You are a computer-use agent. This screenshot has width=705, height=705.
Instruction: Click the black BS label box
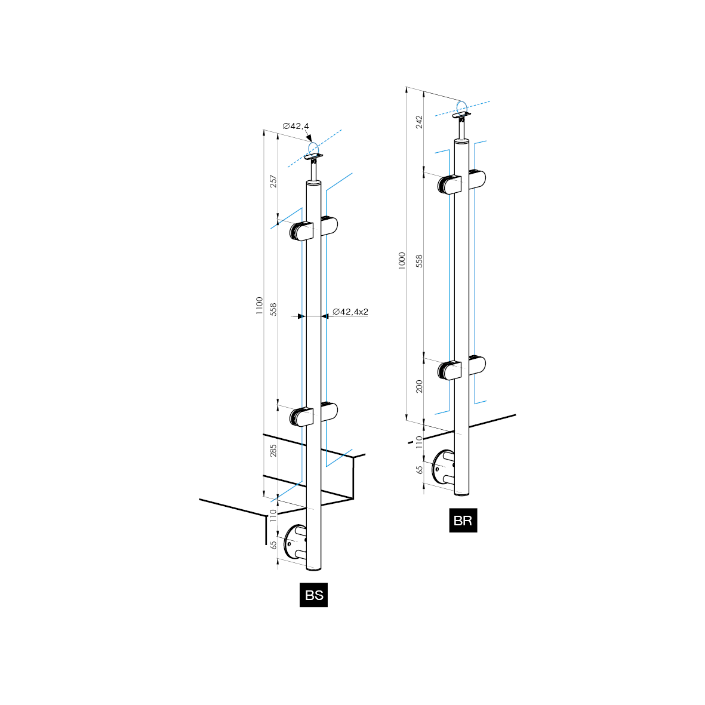tap(313, 595)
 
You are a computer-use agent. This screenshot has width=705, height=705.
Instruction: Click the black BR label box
tap(463, 520)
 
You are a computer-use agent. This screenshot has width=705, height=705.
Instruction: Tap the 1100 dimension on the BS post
tap(259, 306)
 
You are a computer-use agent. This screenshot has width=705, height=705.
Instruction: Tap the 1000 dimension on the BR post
tap(402, 260)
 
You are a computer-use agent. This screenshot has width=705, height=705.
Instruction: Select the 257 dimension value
tap(273, 181)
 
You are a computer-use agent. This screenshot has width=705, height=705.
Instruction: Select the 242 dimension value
tap(419, 122)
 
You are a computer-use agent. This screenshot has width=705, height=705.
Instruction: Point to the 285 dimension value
tap(273, 451)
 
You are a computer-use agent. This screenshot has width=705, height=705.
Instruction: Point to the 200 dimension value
tap(419, 386)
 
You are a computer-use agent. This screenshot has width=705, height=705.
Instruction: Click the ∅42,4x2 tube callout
tap(350, 312)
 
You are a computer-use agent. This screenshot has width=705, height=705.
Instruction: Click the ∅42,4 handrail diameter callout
tap(296, 126)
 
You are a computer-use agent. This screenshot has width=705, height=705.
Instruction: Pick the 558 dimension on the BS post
tap(273, 309)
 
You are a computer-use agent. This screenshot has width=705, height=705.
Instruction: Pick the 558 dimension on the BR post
tap(419, 260)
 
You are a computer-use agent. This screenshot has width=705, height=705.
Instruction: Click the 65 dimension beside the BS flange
tap(273, 545)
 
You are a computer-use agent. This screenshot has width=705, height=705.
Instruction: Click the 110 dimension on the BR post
tap(419, 442)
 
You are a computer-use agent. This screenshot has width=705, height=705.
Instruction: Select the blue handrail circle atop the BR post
tap(461, 107)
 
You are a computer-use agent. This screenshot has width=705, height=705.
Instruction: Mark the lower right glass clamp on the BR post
tap(476, 365)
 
